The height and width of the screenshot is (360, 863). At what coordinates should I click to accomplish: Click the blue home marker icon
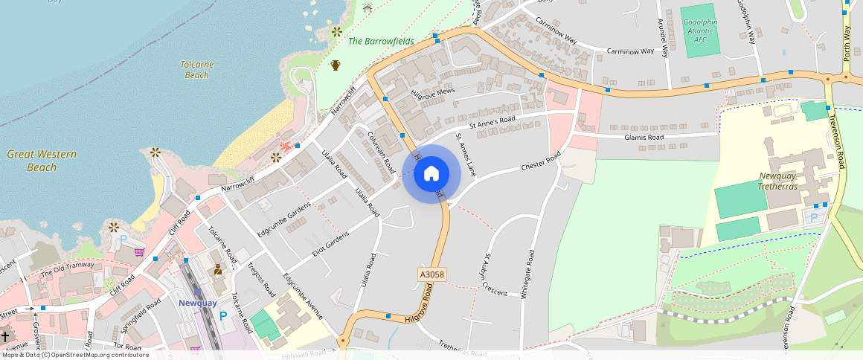click(x=431, y=174)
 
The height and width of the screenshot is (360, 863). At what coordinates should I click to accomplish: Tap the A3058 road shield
click(x=431, y=275)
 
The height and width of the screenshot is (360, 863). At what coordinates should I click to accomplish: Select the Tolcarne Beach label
click(x=197, y=70)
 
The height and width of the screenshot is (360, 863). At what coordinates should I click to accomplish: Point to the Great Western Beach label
click(x=42, y=161)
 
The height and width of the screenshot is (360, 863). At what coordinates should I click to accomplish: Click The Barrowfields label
click(x=381, y=42)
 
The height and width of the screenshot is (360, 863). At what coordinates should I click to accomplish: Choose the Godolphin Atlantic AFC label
click(x=701, y=30)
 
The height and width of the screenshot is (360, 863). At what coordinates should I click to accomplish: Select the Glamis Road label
click(x=644, y=138)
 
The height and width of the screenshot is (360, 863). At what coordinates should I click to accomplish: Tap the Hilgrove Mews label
click(x=432, y=92)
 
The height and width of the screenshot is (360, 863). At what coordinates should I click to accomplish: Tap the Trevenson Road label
click(x=838, y=145)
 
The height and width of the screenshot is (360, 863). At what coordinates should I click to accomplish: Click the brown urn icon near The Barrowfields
click(x=336, y=65)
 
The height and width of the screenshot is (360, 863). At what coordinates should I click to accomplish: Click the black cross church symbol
click(x=5, y=336)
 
